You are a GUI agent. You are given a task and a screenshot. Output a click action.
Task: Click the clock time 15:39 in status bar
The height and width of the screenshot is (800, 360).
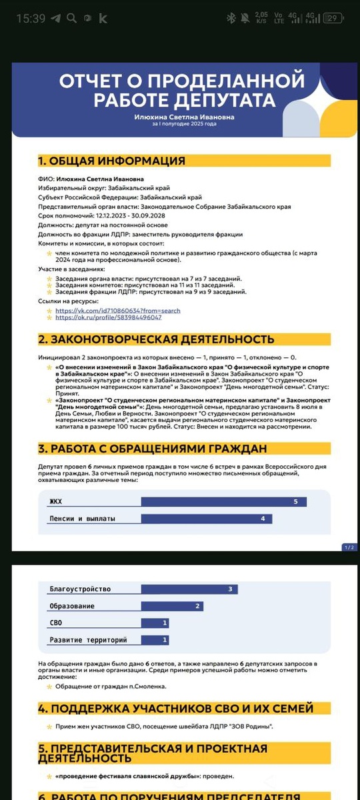point(31,19)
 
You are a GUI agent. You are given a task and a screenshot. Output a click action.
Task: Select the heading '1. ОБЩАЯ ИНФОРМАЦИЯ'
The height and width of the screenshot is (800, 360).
point(111,161)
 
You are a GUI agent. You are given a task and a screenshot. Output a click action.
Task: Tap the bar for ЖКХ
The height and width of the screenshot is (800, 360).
point(224,501)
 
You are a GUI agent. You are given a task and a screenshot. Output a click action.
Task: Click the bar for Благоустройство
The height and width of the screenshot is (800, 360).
point(189,589)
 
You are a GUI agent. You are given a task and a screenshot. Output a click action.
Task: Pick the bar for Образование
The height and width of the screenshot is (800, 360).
point(172,606)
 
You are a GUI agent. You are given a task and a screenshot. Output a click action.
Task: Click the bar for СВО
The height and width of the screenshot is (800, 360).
point(155,623)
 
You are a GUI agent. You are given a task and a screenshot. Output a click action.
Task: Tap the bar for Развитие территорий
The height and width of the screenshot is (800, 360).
point(155,640)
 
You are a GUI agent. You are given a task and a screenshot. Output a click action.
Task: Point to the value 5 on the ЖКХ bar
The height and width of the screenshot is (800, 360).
point(295,501)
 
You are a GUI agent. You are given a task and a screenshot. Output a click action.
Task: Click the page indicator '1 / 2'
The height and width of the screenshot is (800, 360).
point(350,547)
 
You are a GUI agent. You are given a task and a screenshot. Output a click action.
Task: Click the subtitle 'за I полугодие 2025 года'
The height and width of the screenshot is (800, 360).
point(183,124)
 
